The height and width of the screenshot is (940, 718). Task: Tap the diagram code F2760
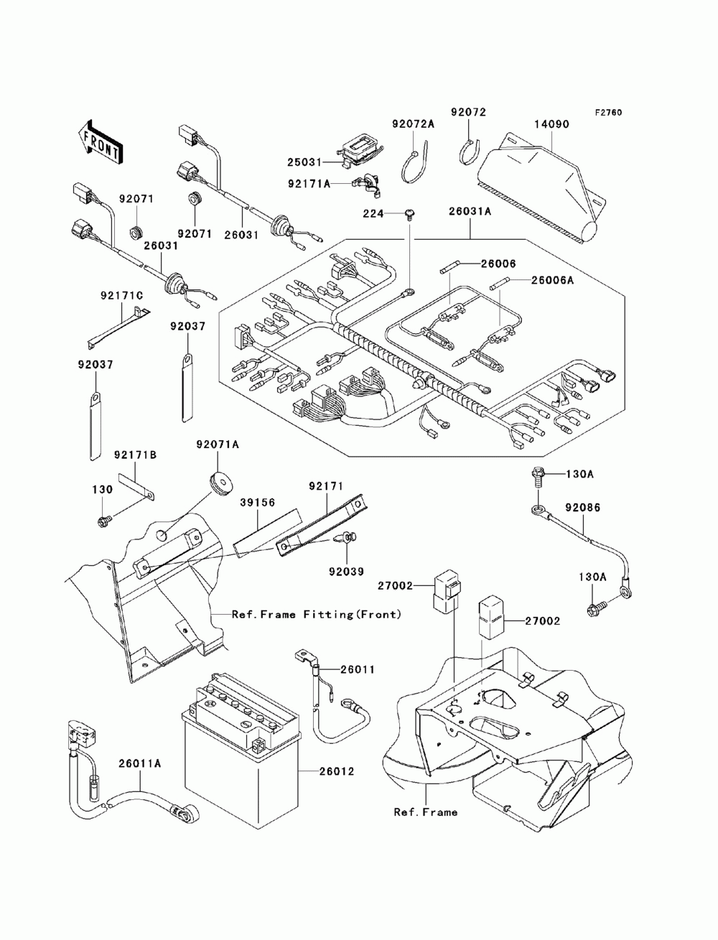(x=608, y=113)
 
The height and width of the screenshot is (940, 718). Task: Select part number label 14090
(x=551, y=124)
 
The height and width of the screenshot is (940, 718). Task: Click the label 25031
(x=304, y=162)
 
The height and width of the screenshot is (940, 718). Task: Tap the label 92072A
(x=413, y=124)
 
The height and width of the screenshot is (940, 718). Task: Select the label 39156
(x=257, y=502)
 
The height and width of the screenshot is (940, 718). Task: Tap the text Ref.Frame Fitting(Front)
(x=317, y=615)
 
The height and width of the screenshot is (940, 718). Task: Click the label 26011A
(x=140, y=763)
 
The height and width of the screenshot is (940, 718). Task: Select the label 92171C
(x=122, y=296)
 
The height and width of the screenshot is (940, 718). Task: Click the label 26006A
(x=552, y=280)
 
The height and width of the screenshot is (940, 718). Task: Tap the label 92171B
(x=135, y=455)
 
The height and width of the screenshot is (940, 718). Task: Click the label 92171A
(x=309, y=184)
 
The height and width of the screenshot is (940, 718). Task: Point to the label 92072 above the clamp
(x=468, y=112)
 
